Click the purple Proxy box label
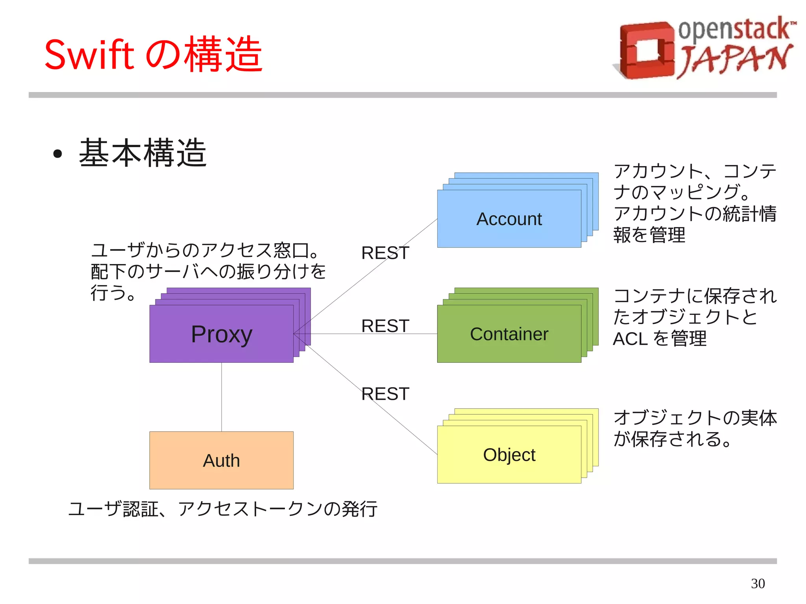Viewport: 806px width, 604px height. tap(221, 334)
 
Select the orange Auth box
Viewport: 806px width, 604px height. tap(221, 460)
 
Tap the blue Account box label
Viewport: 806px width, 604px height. tap(509, 219)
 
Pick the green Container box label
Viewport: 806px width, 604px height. tap(509, 334)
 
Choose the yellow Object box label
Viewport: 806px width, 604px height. tap(509, 455)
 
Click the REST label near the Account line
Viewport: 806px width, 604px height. tap(385, 253)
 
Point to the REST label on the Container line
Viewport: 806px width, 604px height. tap(385, 326)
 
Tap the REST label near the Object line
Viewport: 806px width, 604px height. tap(385, 394)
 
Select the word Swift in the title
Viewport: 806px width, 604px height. tap(89, 55)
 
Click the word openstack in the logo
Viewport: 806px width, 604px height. tap(734, 30)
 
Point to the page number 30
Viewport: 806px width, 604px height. tap(758, 584)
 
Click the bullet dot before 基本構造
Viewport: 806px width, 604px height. tap(57, 154)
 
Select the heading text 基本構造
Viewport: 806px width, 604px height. tap(142, 153)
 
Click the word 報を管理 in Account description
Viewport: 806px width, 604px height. tap(649, 235)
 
